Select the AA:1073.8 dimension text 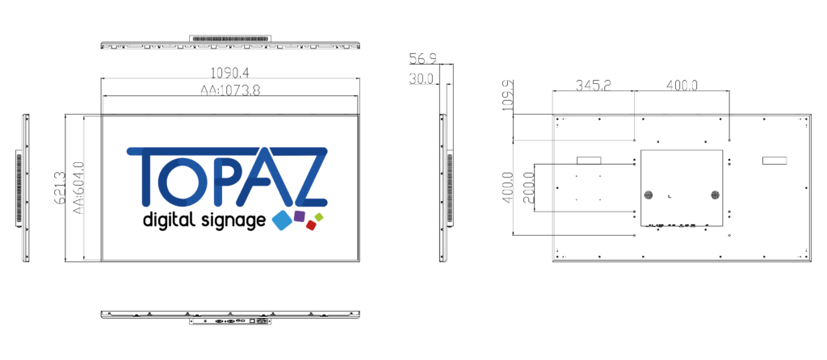230,90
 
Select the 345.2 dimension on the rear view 594,85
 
